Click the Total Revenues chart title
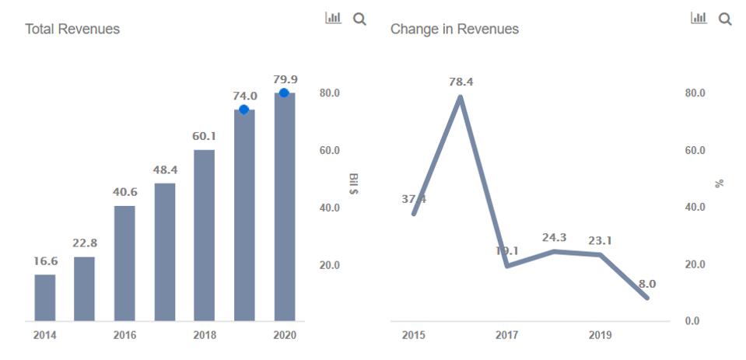click(72, 29)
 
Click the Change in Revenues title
click(454, 29)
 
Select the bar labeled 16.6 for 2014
click(45, 297)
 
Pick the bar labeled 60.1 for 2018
click(205, 235)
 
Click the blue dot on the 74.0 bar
click(244, 110)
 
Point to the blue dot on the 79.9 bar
click(285, 93)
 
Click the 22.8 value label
click(85, 243)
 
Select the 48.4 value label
click(165, 170)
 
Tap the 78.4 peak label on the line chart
click(461, 82)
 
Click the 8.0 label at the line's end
click(647, 284)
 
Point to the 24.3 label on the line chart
click(555, 237)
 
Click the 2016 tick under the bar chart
click(124, 335)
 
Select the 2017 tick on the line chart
click(506, 335)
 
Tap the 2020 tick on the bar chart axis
click(285, 335)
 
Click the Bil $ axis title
click(354, 183)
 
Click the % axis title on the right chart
click(719, 183)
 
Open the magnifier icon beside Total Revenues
click(359, 19)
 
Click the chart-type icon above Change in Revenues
click(699, 18)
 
